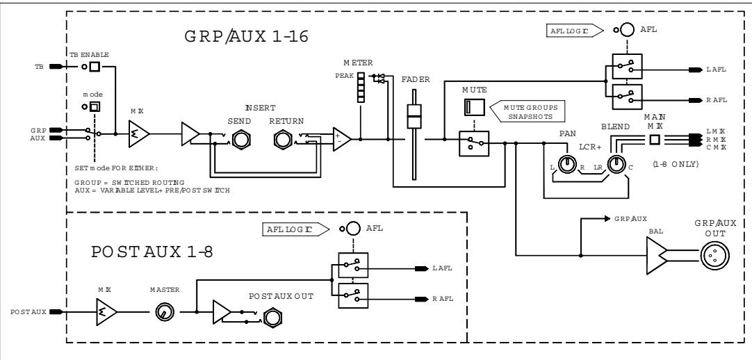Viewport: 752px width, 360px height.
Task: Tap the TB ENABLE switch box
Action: pyautogui.click(x=95, y=67)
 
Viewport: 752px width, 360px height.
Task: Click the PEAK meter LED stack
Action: pyautogui.click(x=361, y=88)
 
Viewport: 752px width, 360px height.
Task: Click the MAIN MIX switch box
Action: pyautogui.click(x=654, y=139)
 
